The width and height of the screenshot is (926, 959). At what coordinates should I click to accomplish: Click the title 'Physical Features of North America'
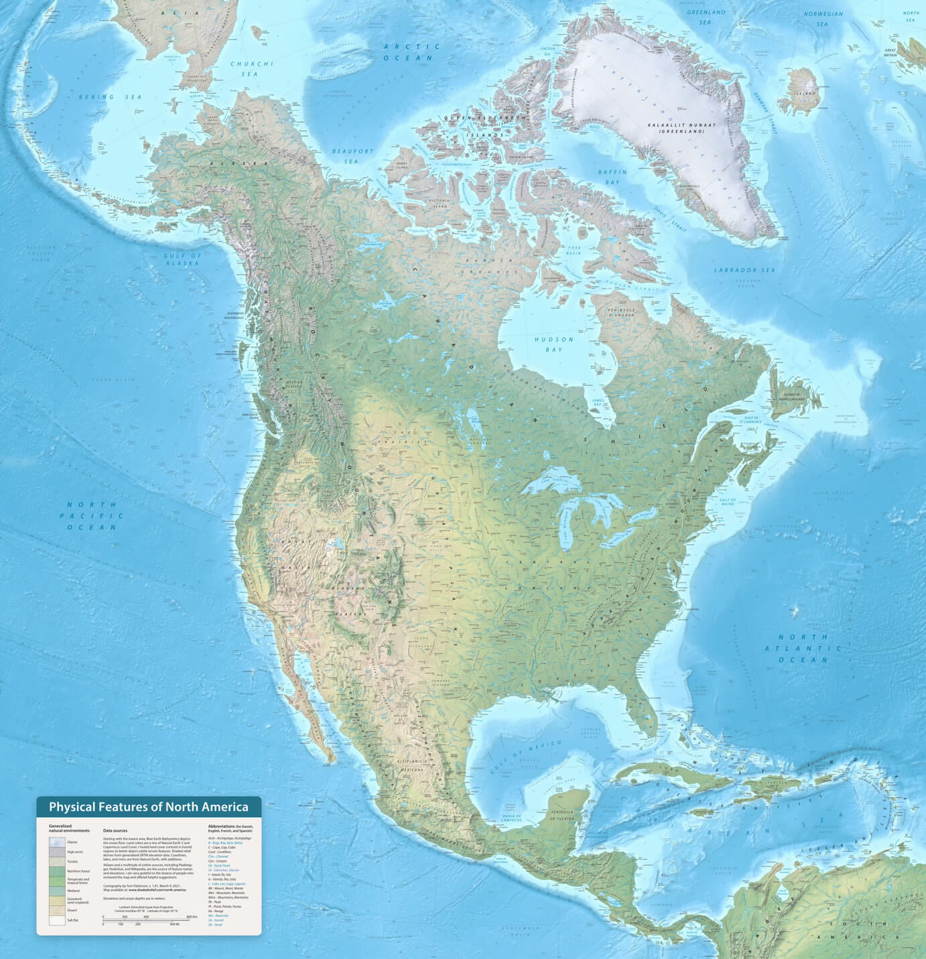[148, 807]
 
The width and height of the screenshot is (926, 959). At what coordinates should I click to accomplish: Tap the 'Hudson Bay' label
[554, 344]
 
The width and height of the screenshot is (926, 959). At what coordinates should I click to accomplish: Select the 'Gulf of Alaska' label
[182, 259]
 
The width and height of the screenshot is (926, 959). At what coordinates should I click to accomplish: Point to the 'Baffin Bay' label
[612, 177]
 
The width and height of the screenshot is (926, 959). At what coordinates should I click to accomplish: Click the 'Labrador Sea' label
[744, 270]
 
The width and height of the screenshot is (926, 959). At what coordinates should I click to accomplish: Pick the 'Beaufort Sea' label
[353, 156]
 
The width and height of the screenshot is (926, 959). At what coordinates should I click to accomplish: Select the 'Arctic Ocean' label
[412, 52]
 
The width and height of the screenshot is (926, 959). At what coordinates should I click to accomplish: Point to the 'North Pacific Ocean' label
[92, 515]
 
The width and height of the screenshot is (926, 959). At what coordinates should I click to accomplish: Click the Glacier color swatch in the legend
[57, 842]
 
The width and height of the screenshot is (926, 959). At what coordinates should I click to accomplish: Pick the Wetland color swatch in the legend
[57, 891]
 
